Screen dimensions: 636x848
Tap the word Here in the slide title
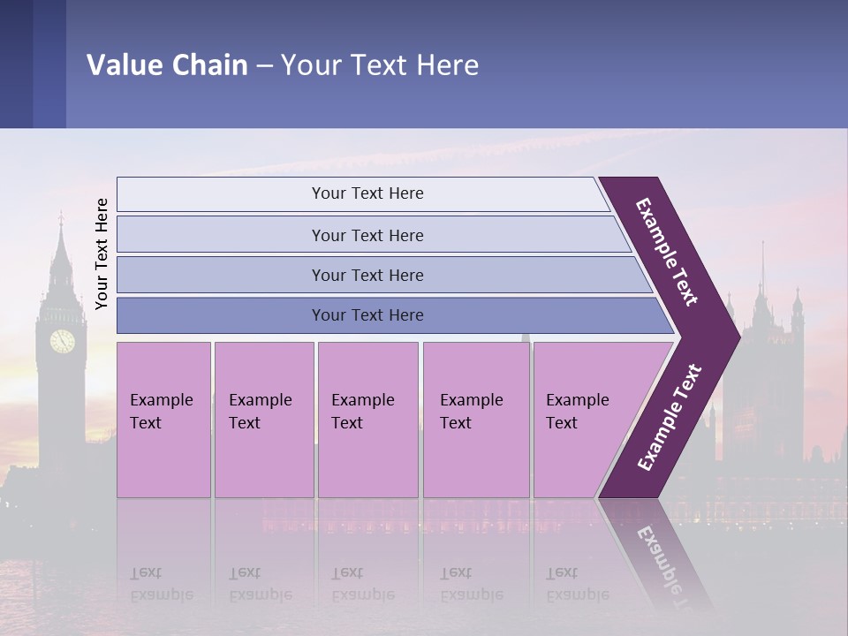coord(447,64)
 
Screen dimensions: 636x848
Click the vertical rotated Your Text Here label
coord(102,254)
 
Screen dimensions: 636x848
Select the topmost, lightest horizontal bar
coord(367,193)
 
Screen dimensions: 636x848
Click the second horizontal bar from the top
coord(367,235)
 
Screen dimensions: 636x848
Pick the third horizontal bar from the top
coord(367,275)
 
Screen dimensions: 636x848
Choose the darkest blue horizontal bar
coord(367,315)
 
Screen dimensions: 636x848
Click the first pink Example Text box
coord(163,420)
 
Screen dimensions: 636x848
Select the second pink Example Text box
coord(263,420)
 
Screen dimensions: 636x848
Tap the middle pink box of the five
coord(367,420)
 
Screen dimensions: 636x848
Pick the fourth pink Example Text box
coord(476,420)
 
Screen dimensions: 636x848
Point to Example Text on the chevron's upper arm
coord(667,252)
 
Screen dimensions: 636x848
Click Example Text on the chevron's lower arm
coord(670,417)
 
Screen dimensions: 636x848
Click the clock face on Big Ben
coord(62,341)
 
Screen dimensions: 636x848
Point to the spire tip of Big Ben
coord(60,215)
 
